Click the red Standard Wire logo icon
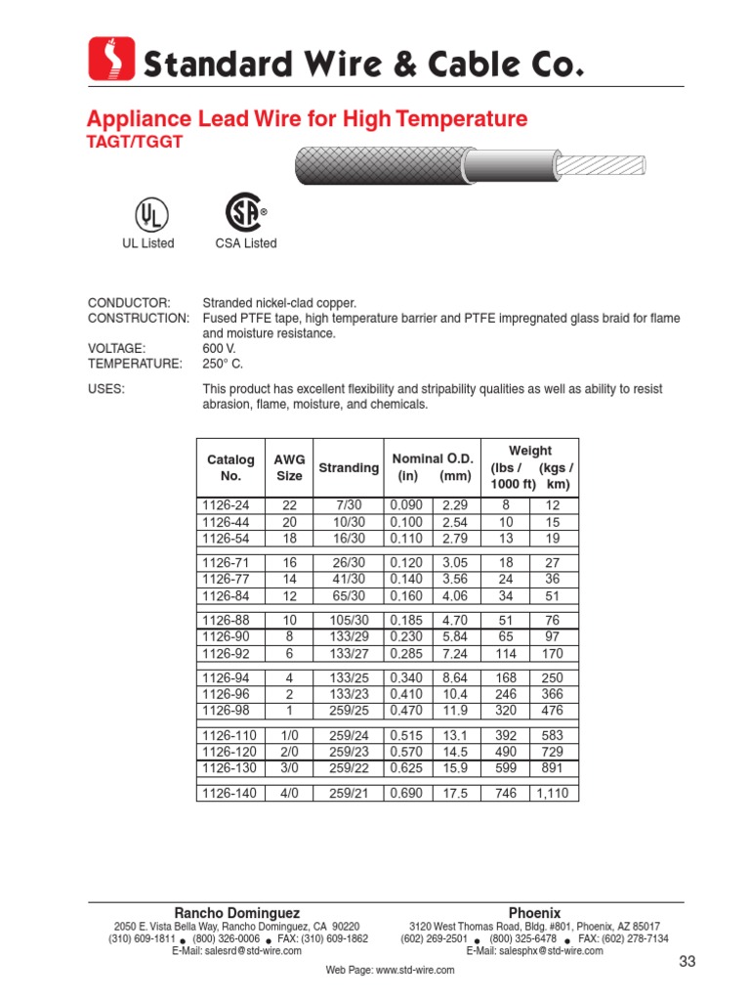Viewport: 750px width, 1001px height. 110,60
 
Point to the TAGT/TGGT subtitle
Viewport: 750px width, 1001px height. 134,142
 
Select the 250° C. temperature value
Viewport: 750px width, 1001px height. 222,364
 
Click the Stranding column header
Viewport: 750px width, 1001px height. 349,468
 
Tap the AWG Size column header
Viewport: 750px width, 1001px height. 289,468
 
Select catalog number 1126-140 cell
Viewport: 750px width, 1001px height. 229,794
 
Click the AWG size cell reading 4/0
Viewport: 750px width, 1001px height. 289,794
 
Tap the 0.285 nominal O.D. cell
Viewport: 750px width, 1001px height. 406,652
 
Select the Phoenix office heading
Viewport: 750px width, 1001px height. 534,912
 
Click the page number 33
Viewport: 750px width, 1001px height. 687,963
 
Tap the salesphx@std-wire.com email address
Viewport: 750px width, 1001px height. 534,950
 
